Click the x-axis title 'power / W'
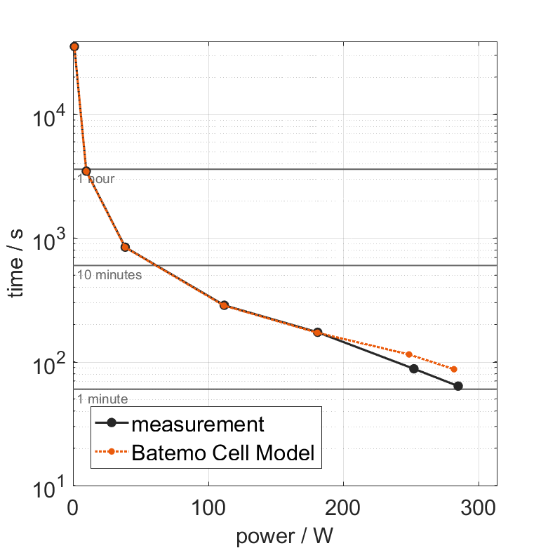pos(284,536)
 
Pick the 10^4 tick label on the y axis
pos(49,116)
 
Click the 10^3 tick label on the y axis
pos(49,239)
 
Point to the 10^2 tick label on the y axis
pos(49,363)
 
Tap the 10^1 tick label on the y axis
pos(49,486)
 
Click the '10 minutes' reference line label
pos(109,275)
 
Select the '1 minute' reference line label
pos(102,399)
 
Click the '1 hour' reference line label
pos(95,179)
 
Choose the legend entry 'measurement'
pos(198,425)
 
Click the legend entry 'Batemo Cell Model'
pos(225,453)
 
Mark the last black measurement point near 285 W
pos(458,386)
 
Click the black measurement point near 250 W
pos(414,368)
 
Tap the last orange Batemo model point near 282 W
pos(454,369)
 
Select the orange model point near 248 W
pos(409,354)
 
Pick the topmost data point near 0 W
pos(74,46)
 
